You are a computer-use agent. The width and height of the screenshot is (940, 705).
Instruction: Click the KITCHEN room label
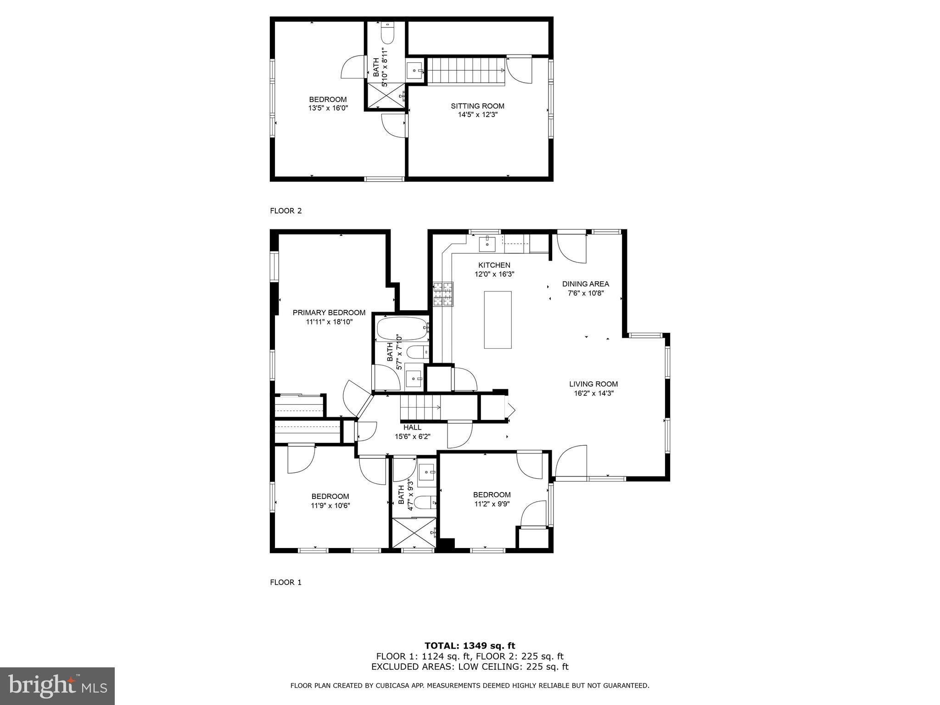pos(494,265)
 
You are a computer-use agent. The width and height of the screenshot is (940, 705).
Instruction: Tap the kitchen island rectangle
pos(498,320)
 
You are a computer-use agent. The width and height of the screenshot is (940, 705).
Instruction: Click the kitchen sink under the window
pos(487,244)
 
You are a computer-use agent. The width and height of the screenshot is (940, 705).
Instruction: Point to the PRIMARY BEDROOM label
pos(329,313)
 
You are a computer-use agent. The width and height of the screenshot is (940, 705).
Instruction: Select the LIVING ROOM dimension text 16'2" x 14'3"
pos(593,393)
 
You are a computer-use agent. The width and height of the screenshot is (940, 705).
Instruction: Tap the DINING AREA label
pos(585,284)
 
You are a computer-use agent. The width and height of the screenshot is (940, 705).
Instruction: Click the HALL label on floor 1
pos(412,427)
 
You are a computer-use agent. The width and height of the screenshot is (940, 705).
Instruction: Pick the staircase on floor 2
pos(466,71)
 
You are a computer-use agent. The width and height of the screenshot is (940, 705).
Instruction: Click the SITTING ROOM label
pos(477,106)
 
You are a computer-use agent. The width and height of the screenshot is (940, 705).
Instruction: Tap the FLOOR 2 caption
pos(285,211)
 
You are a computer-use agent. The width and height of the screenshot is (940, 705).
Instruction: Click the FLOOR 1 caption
pos(285,582)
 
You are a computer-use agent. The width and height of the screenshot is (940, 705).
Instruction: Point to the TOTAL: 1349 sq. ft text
pos(470,646)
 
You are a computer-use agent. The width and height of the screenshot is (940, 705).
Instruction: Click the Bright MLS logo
pos(57,686)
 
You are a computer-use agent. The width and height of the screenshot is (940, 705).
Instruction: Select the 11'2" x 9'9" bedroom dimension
pos(492,504)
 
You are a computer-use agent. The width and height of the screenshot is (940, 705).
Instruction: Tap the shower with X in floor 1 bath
pos(414,532)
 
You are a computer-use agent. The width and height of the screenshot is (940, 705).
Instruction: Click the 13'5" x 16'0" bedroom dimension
pos(328,108)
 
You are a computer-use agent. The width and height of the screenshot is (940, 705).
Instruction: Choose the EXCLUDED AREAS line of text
pos(470,667)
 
